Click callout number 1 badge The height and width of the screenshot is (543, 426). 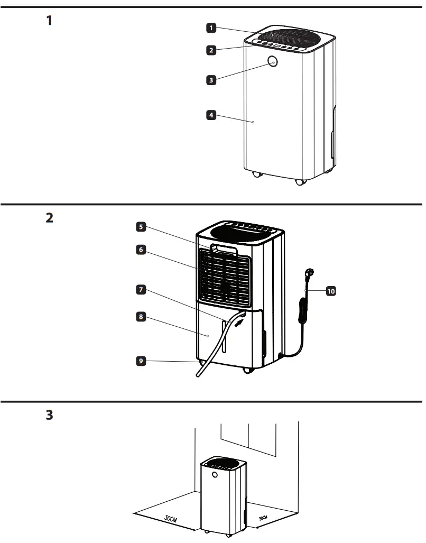211,27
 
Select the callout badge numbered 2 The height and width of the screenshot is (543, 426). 211,51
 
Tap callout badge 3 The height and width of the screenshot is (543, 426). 211,80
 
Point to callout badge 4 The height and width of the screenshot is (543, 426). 211,114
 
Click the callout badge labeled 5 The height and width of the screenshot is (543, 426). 141,227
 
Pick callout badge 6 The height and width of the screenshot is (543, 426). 141,250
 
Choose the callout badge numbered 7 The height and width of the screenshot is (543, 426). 141,290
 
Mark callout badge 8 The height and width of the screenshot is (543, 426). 141,317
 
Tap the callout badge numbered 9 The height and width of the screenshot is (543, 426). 141,361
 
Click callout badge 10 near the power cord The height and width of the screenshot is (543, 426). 331,291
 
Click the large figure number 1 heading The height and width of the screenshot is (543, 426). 49,21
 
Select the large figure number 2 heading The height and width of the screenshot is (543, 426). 49,218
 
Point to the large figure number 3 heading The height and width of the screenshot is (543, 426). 49,415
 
